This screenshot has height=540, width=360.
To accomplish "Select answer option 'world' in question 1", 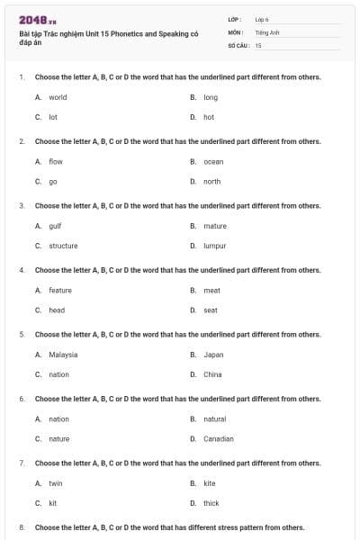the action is [x=58, y=97].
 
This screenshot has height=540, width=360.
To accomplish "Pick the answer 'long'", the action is [x=211, y=97].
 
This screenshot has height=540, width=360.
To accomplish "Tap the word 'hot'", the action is [x=209, y=117].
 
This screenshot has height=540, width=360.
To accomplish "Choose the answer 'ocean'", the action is [x=213, y=161].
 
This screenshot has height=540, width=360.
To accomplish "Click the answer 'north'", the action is [x=211, y=181].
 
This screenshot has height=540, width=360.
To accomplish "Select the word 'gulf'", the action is [x=55, y=226].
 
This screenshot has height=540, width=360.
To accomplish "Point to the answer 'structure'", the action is [x=63, y=246].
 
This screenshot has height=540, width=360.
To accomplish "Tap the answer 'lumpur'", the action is [x=214, y=246].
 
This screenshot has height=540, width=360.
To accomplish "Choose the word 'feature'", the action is [x=60, y=290].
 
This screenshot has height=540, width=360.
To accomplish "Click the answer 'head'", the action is [x=57, y=310].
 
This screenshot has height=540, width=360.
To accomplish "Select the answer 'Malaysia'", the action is [x=63, y=355].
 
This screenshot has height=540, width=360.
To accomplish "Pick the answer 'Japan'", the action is [x=213, y=355].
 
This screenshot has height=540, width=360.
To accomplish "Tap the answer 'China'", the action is [x=212, y=374].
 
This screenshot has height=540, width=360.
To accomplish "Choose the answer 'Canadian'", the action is [x=219, y=438].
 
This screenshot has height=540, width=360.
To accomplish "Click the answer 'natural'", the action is [x=214, y=418].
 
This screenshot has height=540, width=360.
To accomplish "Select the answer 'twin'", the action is [x=56, y=483].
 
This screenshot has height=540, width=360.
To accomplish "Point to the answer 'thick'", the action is [x=211, y=503].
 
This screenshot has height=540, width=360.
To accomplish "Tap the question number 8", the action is [x=22, y=527].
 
